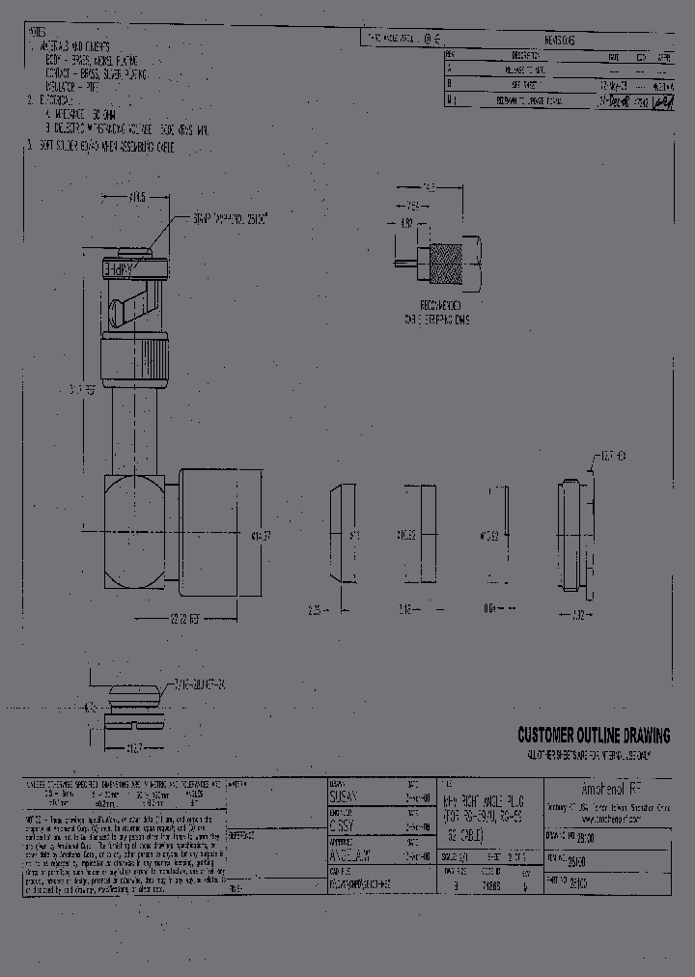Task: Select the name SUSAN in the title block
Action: point(344,796)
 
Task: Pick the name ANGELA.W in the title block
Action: point(350,852)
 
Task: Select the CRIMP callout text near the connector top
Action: point(223,220)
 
